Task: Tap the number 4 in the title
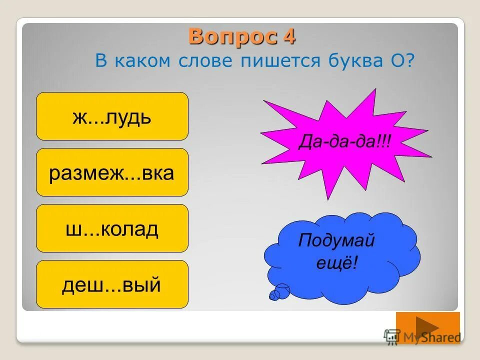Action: (x=289, y=36)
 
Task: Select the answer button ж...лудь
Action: (x=112, y=116)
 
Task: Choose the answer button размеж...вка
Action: (x=112, y=172)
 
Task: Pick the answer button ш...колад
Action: (x=112, y=228)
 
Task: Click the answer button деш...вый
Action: (x=112, y=284)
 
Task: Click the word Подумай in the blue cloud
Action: (x=336, y=241)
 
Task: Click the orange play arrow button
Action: (x=427, y=327)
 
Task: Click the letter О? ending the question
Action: (x=405, y=61)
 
